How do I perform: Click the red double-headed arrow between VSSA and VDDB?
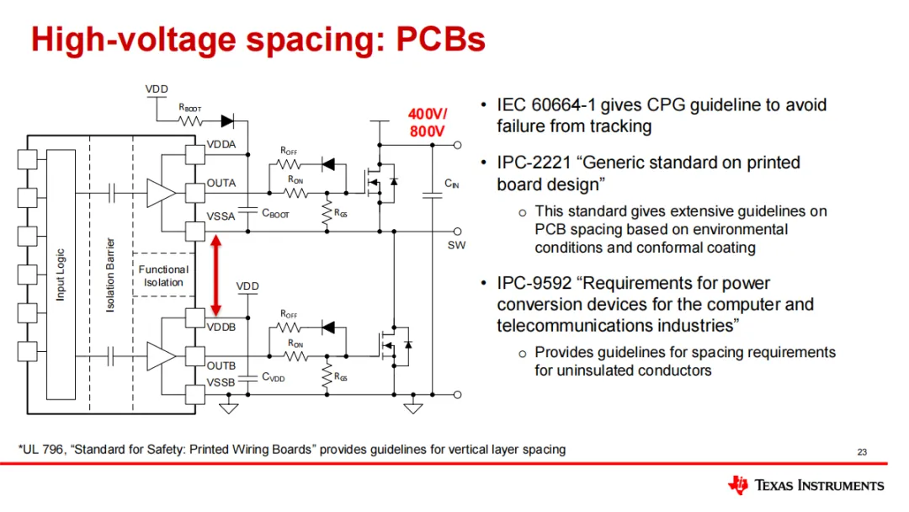pyautogui.click(x=215, y=275)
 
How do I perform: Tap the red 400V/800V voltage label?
pyautogui.click(x=428, y=122)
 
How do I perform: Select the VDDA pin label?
pyautogui.click(x=221, y=145)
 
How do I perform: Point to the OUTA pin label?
pyautogui.click(x=221, y=183)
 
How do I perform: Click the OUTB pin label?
pyautogui.click(x=221, y=366)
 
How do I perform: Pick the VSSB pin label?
pyautogui.click(x=221, y=383)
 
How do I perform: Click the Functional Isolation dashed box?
pyautogui.click(x=163, y=275)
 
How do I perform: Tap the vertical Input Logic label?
pyautogui.click(x=61, y=275)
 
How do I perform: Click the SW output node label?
pyautogui.click(x=456, y=246)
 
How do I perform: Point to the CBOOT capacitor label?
pyautogui.click(x=275, y=214)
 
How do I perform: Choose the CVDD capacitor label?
pyautogui.click(x=274, y=378)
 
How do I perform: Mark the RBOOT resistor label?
pyautogui.click(x=189, y=108)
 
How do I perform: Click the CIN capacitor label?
pyautogui.click(x=452, y=184)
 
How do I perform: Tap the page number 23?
pyautogui.click(x=861, y=453)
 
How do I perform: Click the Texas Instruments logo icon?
pyautogui.click(x=738, y=484)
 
